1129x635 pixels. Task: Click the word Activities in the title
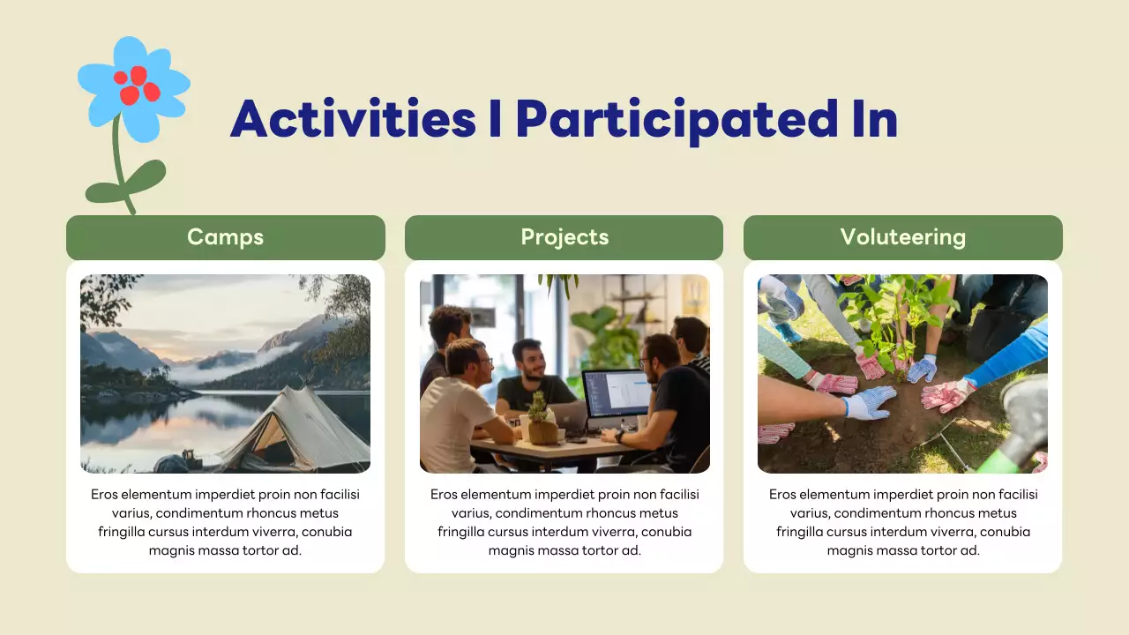[x=354, y=119]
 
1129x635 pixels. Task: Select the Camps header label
[x=225, y=237]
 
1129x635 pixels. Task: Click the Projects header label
[x=564, y=237]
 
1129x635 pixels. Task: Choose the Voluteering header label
[x=902, y=237]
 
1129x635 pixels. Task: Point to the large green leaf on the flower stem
[x=146, y=176]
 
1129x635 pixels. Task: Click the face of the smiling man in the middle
[x=530, y=358]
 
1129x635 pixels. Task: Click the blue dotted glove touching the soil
[x=869, y=402]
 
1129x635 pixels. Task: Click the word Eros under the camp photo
[x=104, y=495]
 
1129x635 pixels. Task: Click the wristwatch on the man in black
[x=619, y=437]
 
